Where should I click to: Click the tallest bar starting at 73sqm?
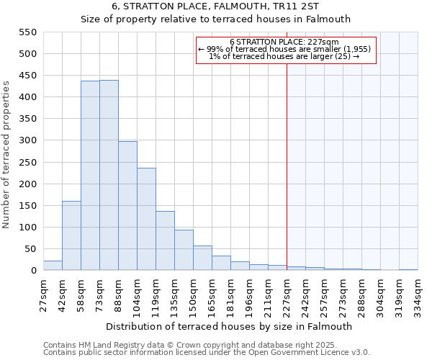109,176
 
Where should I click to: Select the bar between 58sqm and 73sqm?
90,176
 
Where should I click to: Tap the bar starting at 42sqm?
71,235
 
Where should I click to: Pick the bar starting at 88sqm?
127,206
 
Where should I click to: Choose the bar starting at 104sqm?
146,220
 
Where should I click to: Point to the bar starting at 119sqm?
165,241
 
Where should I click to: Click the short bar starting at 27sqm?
53,266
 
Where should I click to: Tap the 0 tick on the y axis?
33,271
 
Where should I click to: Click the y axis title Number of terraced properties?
6,155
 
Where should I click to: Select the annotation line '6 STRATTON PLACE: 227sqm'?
284,42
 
